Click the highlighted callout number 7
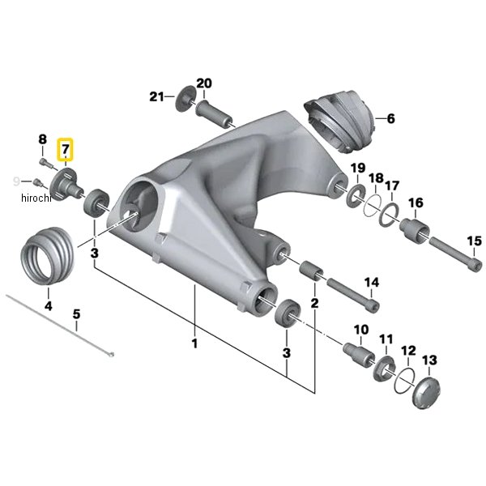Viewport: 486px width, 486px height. coord(65,149)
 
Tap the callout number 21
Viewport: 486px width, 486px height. coord(156,96)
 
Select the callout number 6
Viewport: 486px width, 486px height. coord(391,118)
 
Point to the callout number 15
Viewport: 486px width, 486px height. coord(474,241)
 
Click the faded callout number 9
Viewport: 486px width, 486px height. coord(16,181)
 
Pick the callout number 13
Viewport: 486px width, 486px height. coord(429,360)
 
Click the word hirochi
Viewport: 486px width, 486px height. coord(36,198)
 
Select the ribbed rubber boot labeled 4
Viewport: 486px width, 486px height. coord(48,256)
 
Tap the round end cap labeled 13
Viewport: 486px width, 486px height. coord(428,392)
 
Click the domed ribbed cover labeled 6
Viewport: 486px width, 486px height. coord(339,122)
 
